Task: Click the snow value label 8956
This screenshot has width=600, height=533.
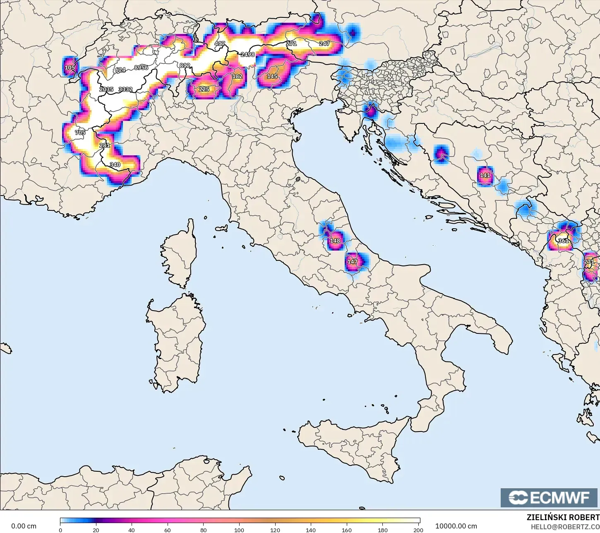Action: pyautogui.click(x=141, y=68)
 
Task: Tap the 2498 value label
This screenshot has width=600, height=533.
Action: pyautogui.click(x=248, y=54)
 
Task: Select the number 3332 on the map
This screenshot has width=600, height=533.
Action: pyautogui.click(x=125, y=89)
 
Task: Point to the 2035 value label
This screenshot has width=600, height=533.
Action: pyautogui.click(x=106, y=89)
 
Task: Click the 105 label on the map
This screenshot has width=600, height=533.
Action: pyautogui.click(x=70, y=68)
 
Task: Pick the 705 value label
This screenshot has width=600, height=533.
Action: pyautogui.click(x=80, y=133)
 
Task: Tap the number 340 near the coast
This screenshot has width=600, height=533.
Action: pyautogui.click(x=115, y=164)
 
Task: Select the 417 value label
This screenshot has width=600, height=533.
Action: pyautogui.click(x=220, y=43)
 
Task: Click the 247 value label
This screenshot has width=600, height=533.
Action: pyautogui.click(x=324, y=43)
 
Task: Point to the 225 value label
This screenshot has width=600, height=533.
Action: pyautogui.click(x=204, y=89)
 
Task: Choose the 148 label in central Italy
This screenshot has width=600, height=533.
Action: pyautogui.click(x=335, y=241)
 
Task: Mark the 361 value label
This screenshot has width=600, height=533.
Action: pyautogui.click(x=563, y=241)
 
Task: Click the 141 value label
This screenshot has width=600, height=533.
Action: pyautogui.click(x=485, y=175)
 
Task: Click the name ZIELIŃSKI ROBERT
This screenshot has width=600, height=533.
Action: pyautogui.click(x=563, y=517)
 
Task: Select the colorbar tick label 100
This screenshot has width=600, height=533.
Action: pyautogui.click(x=239, y=530)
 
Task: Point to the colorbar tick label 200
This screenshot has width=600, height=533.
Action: pyautogui.click(x=418, y=530)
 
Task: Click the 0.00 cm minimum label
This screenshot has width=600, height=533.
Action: pyautogui.click(x=24, y=526)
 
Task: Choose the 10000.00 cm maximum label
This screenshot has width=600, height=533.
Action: pyautogui.click(x=456, y=526)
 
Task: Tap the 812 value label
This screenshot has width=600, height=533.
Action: pyautogui.click(x=185, y=65)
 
